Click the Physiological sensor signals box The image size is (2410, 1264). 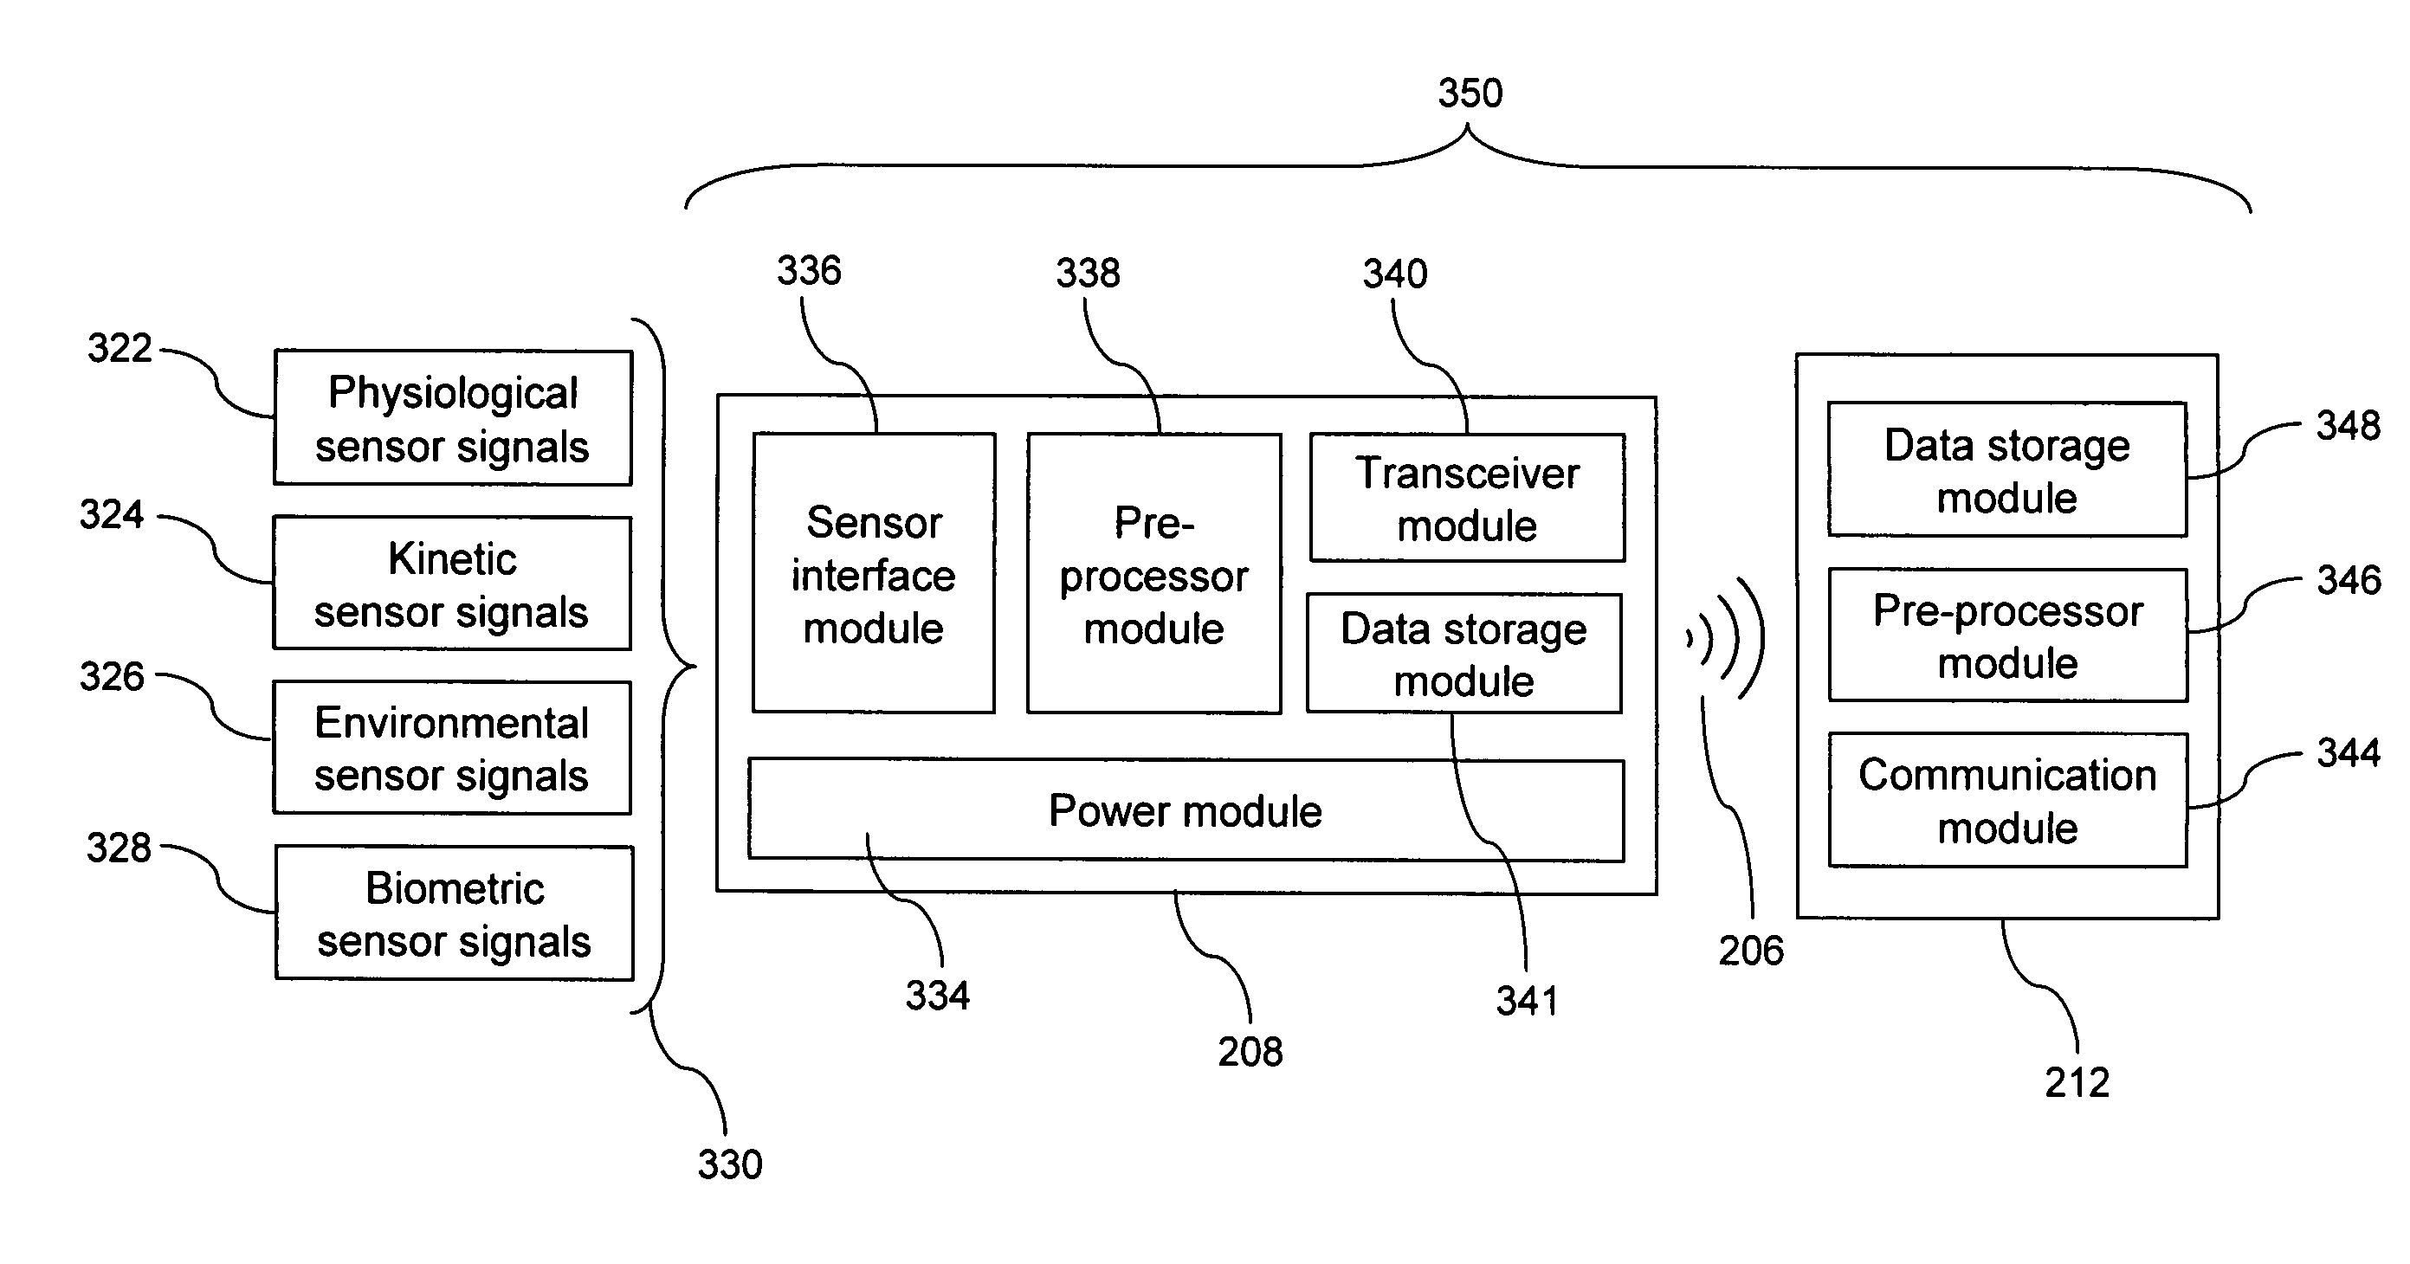coord(453,418)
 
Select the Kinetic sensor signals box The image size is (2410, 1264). coord(453,584)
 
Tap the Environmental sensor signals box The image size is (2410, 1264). coord(453,749)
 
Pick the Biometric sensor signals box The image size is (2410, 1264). coord(455,913)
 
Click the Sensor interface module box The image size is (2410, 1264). coord(874,573)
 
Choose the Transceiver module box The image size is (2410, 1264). coord(1467,499)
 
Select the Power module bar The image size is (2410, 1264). coord(1186,810)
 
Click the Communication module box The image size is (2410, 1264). coord(2007,801)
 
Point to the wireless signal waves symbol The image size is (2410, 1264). coord(1727,639)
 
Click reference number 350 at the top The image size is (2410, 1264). coord(1470,94)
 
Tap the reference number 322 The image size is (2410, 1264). coord(120,348)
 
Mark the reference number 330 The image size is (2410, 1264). coord(730,1164)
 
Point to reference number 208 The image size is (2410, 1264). coord(1250,1053)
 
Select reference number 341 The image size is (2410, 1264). coord(1527,1001)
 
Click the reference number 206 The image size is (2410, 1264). coord(1751,951)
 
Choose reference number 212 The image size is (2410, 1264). coord(2077,1082)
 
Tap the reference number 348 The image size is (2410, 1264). coord(2349,426)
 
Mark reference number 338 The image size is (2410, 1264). coord(1088,274)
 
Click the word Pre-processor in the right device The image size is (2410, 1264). coord(2007,612)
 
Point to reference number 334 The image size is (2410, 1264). coord(938,996)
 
